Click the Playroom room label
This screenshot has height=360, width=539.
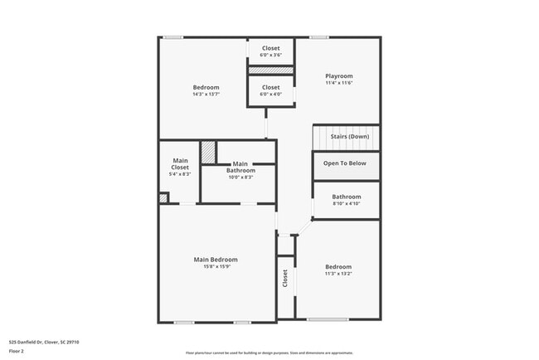pos(338,76)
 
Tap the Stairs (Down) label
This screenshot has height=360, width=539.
pos(349,136)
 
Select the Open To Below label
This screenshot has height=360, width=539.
pos(344,163)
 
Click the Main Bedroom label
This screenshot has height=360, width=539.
pos(216,260)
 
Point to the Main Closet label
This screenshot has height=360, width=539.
pos(180,164)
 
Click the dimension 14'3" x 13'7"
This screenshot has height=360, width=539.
pos(206,95)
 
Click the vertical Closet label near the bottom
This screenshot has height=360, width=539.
pos(284,278)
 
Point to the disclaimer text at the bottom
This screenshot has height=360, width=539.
pos(269,353)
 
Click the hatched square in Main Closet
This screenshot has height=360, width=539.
pos(208,153)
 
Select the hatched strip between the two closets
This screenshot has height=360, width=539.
pos(271,71)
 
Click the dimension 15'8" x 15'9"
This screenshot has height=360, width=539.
pos(216,267)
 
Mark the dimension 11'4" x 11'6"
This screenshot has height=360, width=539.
pos(338,84)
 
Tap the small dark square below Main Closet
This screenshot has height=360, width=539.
pos(163,197)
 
